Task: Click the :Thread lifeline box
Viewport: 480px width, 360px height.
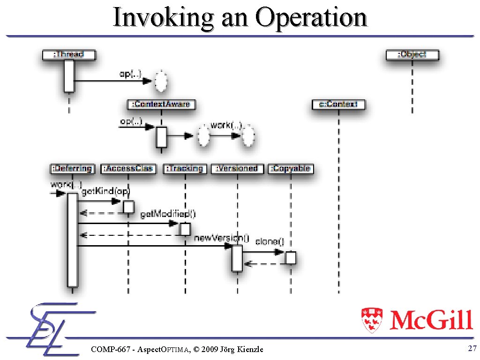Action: pos(68,54)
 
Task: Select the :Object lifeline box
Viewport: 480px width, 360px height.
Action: pos(412,54)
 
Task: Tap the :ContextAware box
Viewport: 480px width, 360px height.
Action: pos(161,104)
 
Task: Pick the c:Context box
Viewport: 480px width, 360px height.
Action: pos(338,105)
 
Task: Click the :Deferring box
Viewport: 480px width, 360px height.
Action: pos(72,169)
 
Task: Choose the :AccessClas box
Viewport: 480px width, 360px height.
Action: pos(128,169)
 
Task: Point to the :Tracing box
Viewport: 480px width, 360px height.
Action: pos(185,169)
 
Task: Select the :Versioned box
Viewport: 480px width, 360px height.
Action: pos(237,169)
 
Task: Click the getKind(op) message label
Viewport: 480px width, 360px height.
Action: pos(105,191)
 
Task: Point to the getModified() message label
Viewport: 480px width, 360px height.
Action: pos(168,214)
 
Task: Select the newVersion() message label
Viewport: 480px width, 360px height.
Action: pos(222,238)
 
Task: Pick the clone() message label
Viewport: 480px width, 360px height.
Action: pos(270,242)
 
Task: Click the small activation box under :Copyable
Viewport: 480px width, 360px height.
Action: pos(291,258)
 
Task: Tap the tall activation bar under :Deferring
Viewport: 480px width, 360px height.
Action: pos(72,239)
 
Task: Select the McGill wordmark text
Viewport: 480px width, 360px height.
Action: pos(431,320)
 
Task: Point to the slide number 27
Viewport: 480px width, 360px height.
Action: pos(472,348)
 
